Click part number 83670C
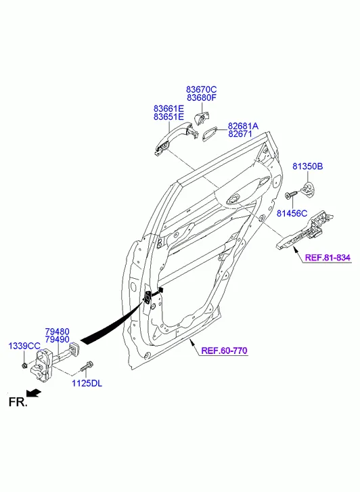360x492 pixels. click(x=202, y=90)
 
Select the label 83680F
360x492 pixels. click(x=202, y=98)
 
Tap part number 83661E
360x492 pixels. click(x=168, y=109)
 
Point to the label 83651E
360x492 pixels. click(x=168, y=117)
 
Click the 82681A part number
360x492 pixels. click(x=243, y=126)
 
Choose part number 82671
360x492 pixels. click(x=240, y=134)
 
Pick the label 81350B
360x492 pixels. click(x=308, y=166)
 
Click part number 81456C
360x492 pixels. click(x=292, y=214)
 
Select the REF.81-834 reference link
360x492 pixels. click(x=328, y=258)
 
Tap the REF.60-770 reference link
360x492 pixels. click(x=224, y=351)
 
